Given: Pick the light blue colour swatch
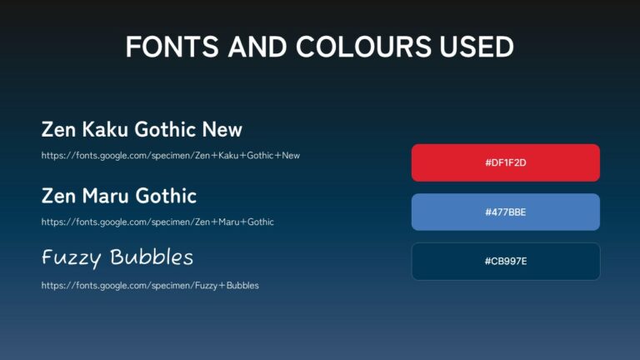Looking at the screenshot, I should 505,212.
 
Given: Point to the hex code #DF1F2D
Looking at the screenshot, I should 505,162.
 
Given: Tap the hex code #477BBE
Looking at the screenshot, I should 505,212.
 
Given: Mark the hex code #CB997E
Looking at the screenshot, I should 505,262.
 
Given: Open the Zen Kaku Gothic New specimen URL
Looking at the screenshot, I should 170,155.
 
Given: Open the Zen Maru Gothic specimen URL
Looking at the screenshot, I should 157,222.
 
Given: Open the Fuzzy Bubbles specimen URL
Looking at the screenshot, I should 150,286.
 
